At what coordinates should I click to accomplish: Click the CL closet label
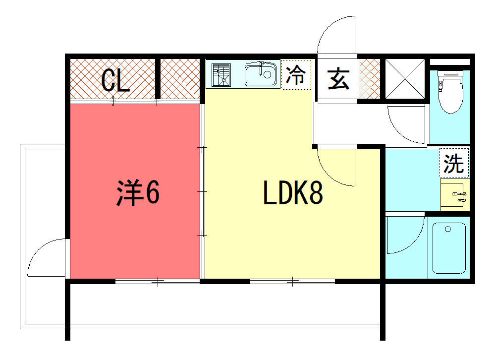tap(115, 81)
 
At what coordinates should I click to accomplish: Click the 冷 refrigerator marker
tap(296, 75)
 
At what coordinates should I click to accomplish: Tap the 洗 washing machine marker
tap(454, 163)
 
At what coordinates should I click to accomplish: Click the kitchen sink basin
tap(261, 75)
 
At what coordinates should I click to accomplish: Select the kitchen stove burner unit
tap(221, 75)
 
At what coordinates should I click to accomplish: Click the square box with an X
tap(405, 79)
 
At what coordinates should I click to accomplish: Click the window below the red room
tap(158, 282)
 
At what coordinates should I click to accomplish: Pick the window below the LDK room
tap(292, 282)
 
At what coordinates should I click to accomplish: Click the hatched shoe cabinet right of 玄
tap(369, 79)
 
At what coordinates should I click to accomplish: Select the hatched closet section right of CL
tap(180, 79)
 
